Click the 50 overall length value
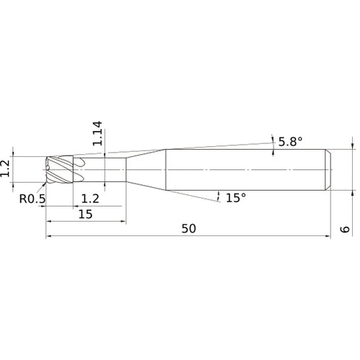pos(189,228)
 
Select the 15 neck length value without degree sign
pos(86,214)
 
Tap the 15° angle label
pos(236,198)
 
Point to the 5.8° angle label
pos(290,142)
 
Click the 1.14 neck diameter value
pos(97,133)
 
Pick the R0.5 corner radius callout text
pos(32,199)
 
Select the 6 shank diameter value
pos(345,229)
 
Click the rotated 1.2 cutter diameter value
pos(5,168)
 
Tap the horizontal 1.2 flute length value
pos(90,199)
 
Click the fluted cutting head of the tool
pos(60,170)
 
